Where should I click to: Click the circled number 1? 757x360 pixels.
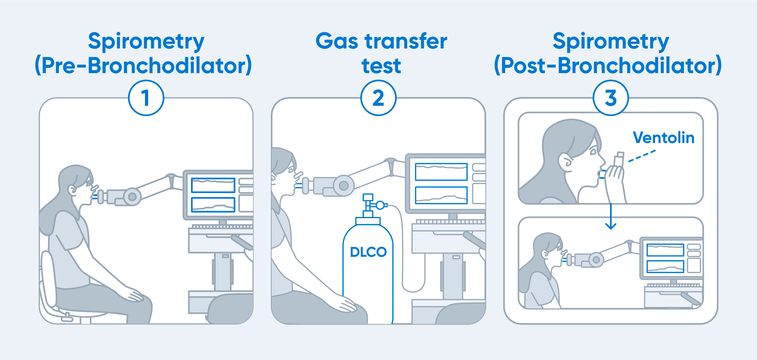(146, 98)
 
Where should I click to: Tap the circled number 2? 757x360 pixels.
(378, 98)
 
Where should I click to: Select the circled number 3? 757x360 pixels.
(610, 98)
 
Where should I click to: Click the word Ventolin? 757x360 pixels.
(663, 137)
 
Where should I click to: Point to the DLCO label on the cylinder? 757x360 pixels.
(368, 252)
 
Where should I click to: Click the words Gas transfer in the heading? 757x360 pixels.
(381, 41)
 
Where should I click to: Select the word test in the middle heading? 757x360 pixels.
(381, 66)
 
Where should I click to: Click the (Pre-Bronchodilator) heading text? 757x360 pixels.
(143, 66)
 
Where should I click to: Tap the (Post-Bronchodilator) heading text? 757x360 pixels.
(608, 66)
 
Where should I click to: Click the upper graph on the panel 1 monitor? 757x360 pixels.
(213, 185)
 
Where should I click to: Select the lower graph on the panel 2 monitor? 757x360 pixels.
(441, 195)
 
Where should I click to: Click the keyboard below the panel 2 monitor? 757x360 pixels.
(450, 221)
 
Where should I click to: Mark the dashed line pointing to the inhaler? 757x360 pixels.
(642, 156)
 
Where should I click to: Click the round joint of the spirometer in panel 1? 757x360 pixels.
(132, 197)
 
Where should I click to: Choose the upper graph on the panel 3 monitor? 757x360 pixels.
(665, 250)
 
